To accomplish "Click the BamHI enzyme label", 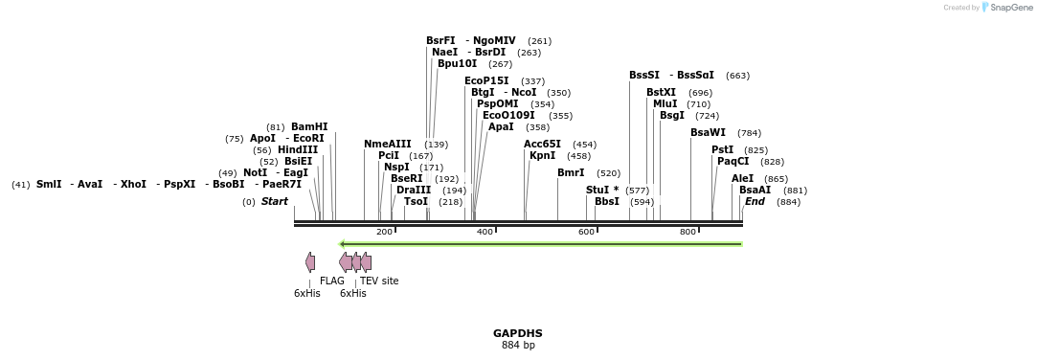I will pyautogui.click(x=309, y=126).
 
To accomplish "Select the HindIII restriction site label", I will pyautogui.click(x=298, y=149).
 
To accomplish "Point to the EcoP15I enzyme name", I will pyautogui.click(x=486, y=81).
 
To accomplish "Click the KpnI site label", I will pyautogui.click(x=542, y=156).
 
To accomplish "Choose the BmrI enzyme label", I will pyautogui.click(x=571, y=173).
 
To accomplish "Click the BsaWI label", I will pyautogui.click(x=708, y=132).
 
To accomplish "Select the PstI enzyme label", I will pyautogui.click(x=722, y=149).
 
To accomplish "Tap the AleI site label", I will pyautogui.click(x=742, y=179).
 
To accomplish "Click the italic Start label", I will pyautogui.click(x=274, y=202).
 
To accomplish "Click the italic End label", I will pyautogui.click(x=755, y=202).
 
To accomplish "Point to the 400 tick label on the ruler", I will pyautogui.click(x=485, y=233).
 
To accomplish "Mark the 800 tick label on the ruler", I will pyautogui.click(x=688, y=233).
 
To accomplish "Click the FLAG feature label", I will pyautogui.click(x=332, y=281).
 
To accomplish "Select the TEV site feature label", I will pyautogui.click(x=379, y=281).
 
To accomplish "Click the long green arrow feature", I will pyautogui.click(x=541, y=244).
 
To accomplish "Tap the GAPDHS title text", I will pyautogui.click(x=518, y=333).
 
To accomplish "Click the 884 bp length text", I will pyautogui.click(x=518, y=346).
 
